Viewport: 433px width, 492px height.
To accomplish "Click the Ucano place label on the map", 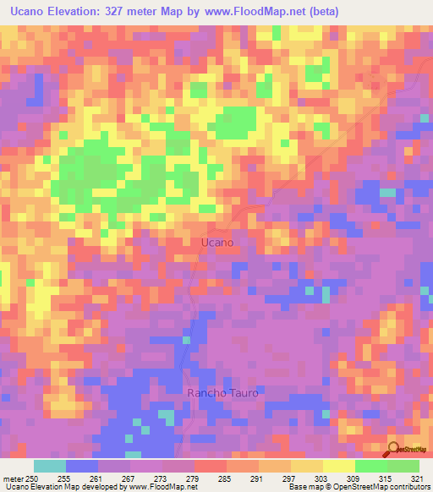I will [x=217, y=243].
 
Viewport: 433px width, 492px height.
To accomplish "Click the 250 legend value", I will [x=33, y=478].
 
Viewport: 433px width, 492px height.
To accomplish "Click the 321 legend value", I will [x=414, y=478].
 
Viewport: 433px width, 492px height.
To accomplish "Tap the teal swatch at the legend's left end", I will [x=50, y=466].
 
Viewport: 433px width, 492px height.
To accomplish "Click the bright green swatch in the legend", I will [x=370, y=466].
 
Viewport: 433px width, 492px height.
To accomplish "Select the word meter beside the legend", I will [x=13, y=478].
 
